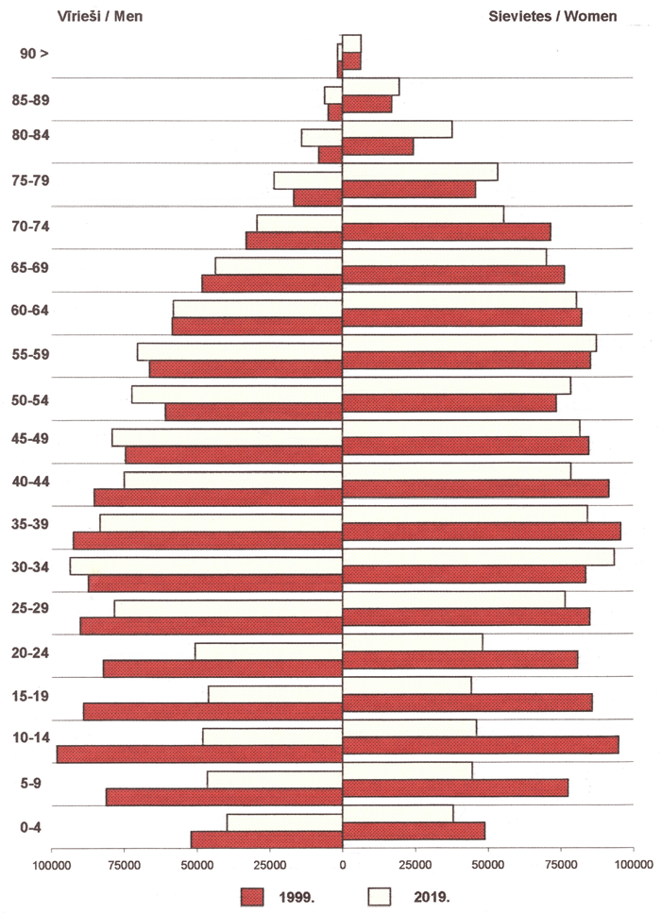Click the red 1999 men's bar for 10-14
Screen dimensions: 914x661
coord(199,753)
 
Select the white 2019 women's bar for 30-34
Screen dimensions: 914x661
coord(478,557)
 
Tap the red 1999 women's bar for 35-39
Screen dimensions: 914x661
coord(481,531)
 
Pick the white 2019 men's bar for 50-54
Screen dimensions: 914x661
coord(236,395)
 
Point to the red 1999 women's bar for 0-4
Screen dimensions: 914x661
coord(413,831)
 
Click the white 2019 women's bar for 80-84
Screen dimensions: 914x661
coord(397,129)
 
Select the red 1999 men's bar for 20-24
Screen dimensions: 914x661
coord(222,669)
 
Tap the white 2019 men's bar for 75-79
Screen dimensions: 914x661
coord(308,180)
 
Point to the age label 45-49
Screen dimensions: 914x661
coord(34,438)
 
